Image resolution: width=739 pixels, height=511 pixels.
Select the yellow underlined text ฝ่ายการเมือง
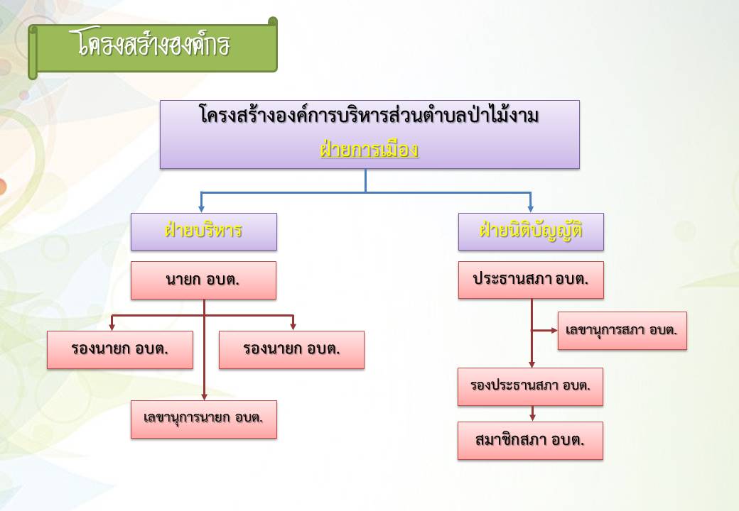pyautogui.click(x=369, y=150)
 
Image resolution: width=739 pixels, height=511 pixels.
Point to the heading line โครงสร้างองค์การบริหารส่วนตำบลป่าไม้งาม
pyautogui.click(x=369, y=115)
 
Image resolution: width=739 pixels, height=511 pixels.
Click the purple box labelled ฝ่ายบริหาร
pyautogui.click(x=204, y=231)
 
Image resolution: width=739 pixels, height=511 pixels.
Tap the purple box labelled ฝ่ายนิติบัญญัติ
pyautogui.click(x=531, y=231)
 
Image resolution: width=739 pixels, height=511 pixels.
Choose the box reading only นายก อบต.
pyautogui.click(x=203, y=280)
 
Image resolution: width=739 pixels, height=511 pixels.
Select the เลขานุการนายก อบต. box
pyautogui.click(x=204, y=419)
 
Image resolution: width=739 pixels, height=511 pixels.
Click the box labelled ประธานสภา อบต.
pyautogui.click(x=531, y=280)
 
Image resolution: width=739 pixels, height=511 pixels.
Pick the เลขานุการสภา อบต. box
pyautogui.click(x=622, y=330)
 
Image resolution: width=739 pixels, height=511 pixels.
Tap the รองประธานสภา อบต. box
pyautogui.click(x=530, y=387)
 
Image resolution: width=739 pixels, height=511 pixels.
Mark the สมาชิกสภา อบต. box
pyautogui.click(x=530, y=441)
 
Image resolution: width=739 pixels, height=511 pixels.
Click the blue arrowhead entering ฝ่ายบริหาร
pyautogui.click(x=201, y=209)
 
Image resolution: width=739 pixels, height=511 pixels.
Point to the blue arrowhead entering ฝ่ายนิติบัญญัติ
pyautogui.click(x=531, y=209)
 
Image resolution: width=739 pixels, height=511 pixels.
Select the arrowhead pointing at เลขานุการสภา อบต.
pyautogui.click(x=554, y=330)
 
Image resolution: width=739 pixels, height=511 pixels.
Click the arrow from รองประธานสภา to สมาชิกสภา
pyautogui.click(x=532, y=414)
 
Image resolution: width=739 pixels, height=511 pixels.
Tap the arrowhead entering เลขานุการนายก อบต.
pyautogui.click(x=204, y=397)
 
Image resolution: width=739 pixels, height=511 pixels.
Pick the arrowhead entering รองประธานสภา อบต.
pyautogui.click(x=532, y=365)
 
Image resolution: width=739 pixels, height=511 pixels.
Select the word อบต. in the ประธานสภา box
pyautogui.click(x=572, y=280)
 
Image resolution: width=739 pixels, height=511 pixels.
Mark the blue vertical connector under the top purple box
pyautogui.click(x=366, y=181)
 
